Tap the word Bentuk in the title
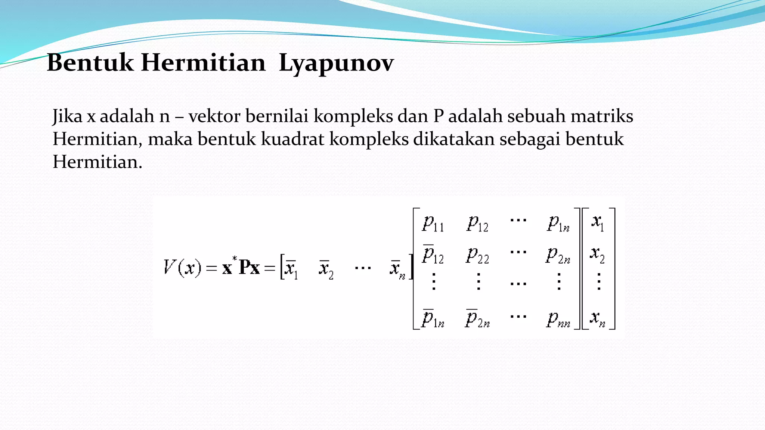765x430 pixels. click(x=90, y=63)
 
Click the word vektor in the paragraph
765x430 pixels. click(x=214, y=116)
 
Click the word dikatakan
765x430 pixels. click(x=453, y=139)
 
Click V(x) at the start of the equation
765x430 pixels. click(x=183, y=267)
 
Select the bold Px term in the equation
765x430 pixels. click(x=249, y=267)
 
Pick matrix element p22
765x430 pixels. click(x=477, y=256)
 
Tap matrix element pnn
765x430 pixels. click(x=558, y=320)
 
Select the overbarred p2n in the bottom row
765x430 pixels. click(x=477, y=319)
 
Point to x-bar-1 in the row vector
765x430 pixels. click(x=291, y=269)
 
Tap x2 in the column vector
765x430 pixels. click(x=597, y=255)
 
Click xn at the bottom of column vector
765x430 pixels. click(x=597, y=318)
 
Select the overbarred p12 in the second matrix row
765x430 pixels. click(x=433, y=255)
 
